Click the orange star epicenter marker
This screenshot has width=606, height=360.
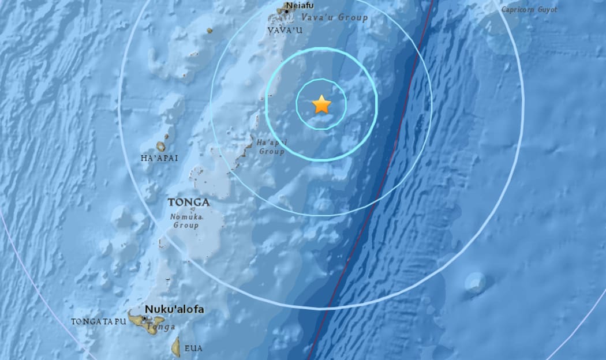321,105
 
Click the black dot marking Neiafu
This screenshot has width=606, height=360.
286,11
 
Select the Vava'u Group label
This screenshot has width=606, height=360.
335,17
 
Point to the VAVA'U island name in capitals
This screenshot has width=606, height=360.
285,30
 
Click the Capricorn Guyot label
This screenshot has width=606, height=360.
529,9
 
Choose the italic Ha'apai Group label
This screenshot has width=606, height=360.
271,147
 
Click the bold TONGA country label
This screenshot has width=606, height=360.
188,202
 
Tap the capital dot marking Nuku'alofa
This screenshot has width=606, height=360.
144,318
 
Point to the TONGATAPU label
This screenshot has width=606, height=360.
98,321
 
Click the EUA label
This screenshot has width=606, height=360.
193,348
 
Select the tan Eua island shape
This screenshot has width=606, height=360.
175,347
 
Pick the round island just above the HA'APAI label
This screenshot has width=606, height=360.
160,147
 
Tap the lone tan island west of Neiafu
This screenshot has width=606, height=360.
209,30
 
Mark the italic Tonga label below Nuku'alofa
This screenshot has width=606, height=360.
156,327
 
